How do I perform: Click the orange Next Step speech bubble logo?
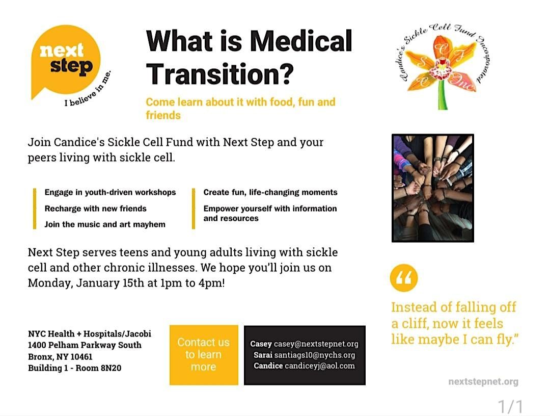(x=65, y=59)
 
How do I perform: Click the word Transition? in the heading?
(x=220, y=72)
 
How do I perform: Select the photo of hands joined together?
(x=433, y=188)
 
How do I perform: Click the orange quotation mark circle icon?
(x=403, y=278)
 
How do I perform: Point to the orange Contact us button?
(x=204, y=355)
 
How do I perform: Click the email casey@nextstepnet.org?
(x=316, y=344)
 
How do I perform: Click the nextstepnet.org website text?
(x=483, y=382)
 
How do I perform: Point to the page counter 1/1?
(x=510, y=406)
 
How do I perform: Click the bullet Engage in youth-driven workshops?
(x=110, y=192)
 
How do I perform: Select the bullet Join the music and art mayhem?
(x=104, y=224)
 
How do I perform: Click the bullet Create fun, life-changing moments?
(x=270, y=192)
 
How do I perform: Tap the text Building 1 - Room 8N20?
(x=75, y=368)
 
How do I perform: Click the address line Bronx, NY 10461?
(x=60, y=357)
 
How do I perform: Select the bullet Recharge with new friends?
(x=95, y=209)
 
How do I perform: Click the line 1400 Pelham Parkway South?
(x=85, y=345)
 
